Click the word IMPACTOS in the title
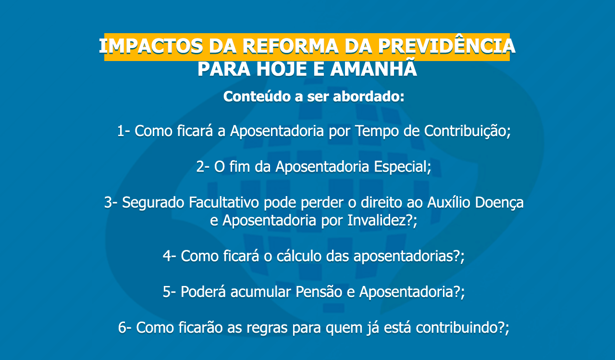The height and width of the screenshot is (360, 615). [x=151, y=46]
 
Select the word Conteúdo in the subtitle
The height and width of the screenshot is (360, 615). [x=257, y=97]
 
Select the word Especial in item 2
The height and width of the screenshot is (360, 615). [x=400, y=167]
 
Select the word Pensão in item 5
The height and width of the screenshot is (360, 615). [x=319, y=292]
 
